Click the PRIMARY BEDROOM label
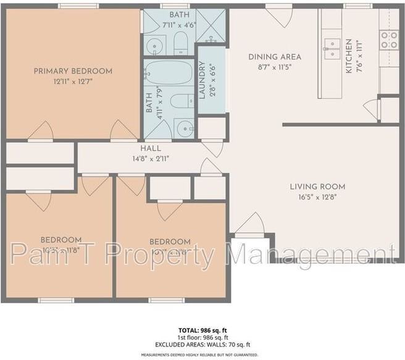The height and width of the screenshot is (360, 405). tap(73, 71)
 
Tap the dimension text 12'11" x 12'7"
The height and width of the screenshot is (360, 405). tap(73, 82)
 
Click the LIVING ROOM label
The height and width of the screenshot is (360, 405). tap(318, 186)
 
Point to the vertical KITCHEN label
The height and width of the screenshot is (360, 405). tap(349, 56)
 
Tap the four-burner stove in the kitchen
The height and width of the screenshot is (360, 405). tap(389, 40)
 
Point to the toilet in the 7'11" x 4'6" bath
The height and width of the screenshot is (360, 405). tap(180, 42)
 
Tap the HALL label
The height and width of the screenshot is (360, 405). tap(150, 148)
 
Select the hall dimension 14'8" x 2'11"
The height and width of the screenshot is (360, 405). tap(150, 158)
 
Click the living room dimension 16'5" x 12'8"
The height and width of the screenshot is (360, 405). tap(318, 197)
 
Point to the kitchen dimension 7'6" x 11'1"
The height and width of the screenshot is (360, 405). tap(359, 56)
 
